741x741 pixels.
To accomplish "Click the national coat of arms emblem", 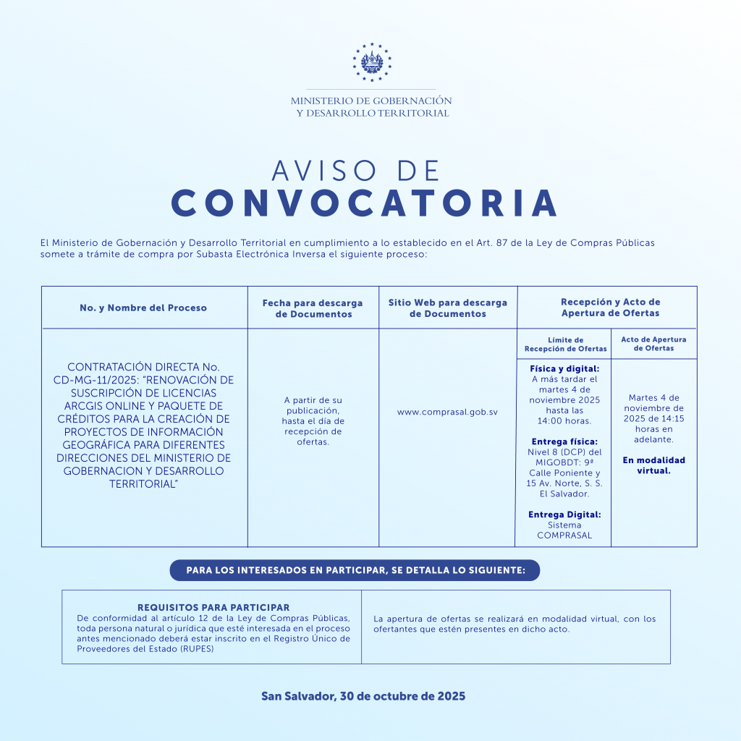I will (x=371, y=62).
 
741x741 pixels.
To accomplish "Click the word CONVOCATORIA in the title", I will (x=365, y=203).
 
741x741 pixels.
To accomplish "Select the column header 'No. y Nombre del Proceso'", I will (x=143, y=308).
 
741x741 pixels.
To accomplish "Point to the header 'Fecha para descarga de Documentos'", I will (x=313, y=308).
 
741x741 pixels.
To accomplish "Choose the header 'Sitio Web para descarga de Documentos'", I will (x=447, y=308).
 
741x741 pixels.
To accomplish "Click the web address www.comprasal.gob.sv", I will (x=447, y=412).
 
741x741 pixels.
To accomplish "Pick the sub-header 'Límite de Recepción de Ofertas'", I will (x=565, y=344).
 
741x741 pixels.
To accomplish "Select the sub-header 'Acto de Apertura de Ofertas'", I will (x=653, y=344).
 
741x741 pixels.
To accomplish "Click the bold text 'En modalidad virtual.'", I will (x=653, y=465).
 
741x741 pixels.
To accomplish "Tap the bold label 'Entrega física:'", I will (x=564, y=441).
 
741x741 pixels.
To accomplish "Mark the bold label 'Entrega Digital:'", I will (x=564, y=515).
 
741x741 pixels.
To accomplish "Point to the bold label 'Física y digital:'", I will (x=564, y=369).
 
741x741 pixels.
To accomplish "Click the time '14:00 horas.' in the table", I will (x=564, y=420).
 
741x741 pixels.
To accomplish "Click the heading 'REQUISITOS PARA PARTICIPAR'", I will (x=213, y=608).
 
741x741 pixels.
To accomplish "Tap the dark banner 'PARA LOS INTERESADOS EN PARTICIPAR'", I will (x=355, y=570).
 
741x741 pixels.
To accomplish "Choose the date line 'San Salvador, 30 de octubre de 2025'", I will (x=363, y=696).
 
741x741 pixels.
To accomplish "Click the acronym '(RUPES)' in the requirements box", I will (x=198, y=648).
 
